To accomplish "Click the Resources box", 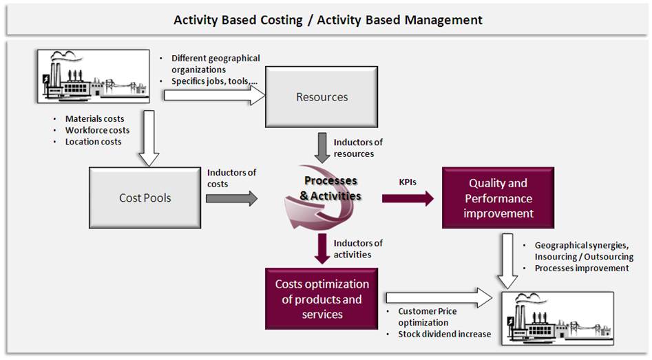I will click(322, 97).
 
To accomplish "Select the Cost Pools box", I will click(145, 198).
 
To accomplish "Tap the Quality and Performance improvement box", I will click(498, 198).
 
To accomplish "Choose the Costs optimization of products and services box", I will click(322, 299).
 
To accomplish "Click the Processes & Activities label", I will click(330, 188).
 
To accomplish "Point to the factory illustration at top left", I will click(95, 76).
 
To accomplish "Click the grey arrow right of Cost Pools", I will click(231, 199).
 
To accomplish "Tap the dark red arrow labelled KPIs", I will click(408, 199).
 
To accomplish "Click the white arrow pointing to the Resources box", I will click(214, 95).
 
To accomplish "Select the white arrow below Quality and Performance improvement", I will click(508, 261).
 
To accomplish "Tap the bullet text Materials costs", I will click(94, 119).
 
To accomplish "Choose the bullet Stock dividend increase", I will click(444, 334).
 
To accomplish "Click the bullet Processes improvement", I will click(581, 268).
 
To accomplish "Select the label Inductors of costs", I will click(231, 178).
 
